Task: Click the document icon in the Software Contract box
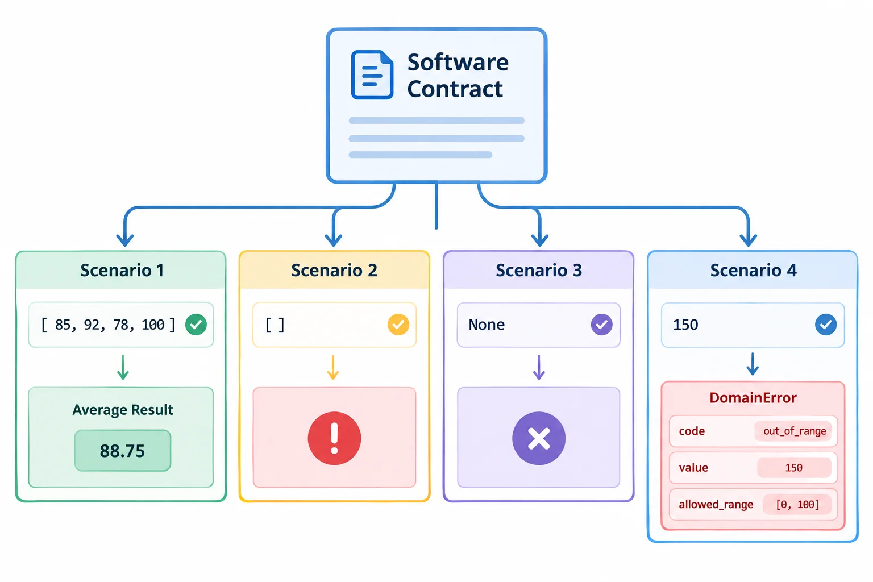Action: [x=372, y=74]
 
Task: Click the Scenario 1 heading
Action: [x=122, y=270]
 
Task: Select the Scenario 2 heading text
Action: [x=334, y=270]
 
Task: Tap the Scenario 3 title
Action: [x=539, y=270]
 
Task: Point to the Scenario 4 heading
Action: [x=753, y=270]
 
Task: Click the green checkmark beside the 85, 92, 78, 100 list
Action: [x=196, y=325]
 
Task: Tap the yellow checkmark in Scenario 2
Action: [x=398, y=325]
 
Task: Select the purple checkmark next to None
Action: [x=601, y=325]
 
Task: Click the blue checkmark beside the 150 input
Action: [x=825, y=325]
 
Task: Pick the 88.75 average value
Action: [x=122, y=451]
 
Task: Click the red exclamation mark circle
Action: [x=334, y=438]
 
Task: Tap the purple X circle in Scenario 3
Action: [x=539, y=438]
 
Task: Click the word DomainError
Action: [x=753, y=398]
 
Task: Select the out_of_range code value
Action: [x=795, y=431]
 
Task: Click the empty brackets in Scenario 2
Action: [x=275, y=325]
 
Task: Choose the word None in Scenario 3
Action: [x=487, y=325]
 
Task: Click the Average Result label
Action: [x=123, y=410]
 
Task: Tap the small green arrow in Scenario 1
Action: [x=123, y=367]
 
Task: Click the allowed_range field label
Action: [x=716, y=505]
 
